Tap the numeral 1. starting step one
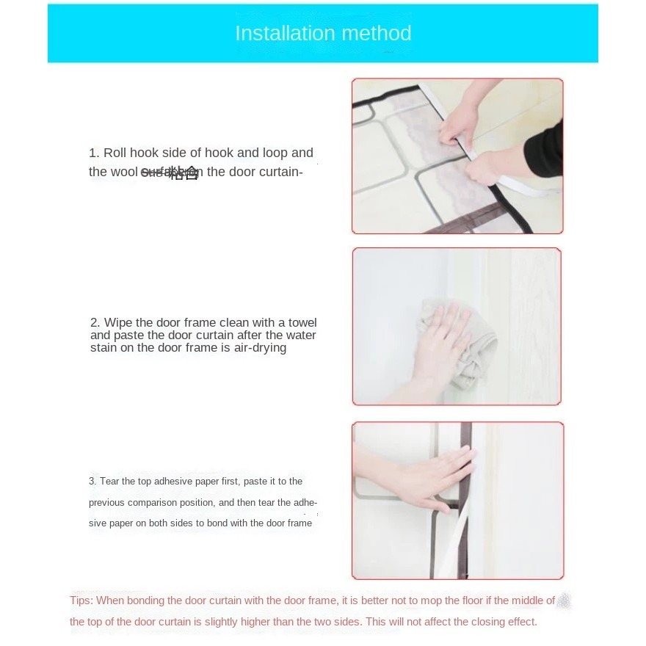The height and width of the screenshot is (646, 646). (94, 153)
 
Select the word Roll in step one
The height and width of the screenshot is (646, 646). (115, 153)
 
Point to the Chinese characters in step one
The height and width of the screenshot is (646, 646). (184, 173)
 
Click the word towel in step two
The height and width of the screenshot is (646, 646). (302, 323)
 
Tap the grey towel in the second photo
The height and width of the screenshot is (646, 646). (470, 352)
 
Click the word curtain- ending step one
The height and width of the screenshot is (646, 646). (280, 173)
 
